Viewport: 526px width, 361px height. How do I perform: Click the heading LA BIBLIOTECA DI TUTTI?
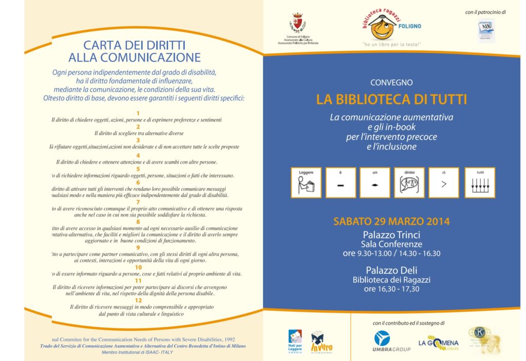coord(391,100)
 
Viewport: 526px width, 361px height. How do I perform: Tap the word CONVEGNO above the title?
coord(391,82)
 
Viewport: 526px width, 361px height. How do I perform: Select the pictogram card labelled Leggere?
coord(306,183)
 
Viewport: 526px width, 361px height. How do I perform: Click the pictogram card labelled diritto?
coord(409,183)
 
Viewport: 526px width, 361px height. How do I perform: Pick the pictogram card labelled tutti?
coord(480,183)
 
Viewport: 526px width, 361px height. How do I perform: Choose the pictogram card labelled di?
coord(444,183)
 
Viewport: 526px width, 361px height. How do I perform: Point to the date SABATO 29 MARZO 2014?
coord(391,222)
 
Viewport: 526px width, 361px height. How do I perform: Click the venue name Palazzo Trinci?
coord(391,234)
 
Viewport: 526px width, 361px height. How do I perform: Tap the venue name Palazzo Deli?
coord(391,270)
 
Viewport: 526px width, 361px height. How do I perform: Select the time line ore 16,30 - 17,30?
coord(391,289)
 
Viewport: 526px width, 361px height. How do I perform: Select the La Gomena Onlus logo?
coord(438,342)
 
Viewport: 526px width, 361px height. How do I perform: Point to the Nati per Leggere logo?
coord(295,341)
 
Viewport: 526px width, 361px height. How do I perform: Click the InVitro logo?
coord(318,341)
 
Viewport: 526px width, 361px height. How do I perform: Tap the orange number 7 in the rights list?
coord(138,202)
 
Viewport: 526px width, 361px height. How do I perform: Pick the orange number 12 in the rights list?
coord(138,300)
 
